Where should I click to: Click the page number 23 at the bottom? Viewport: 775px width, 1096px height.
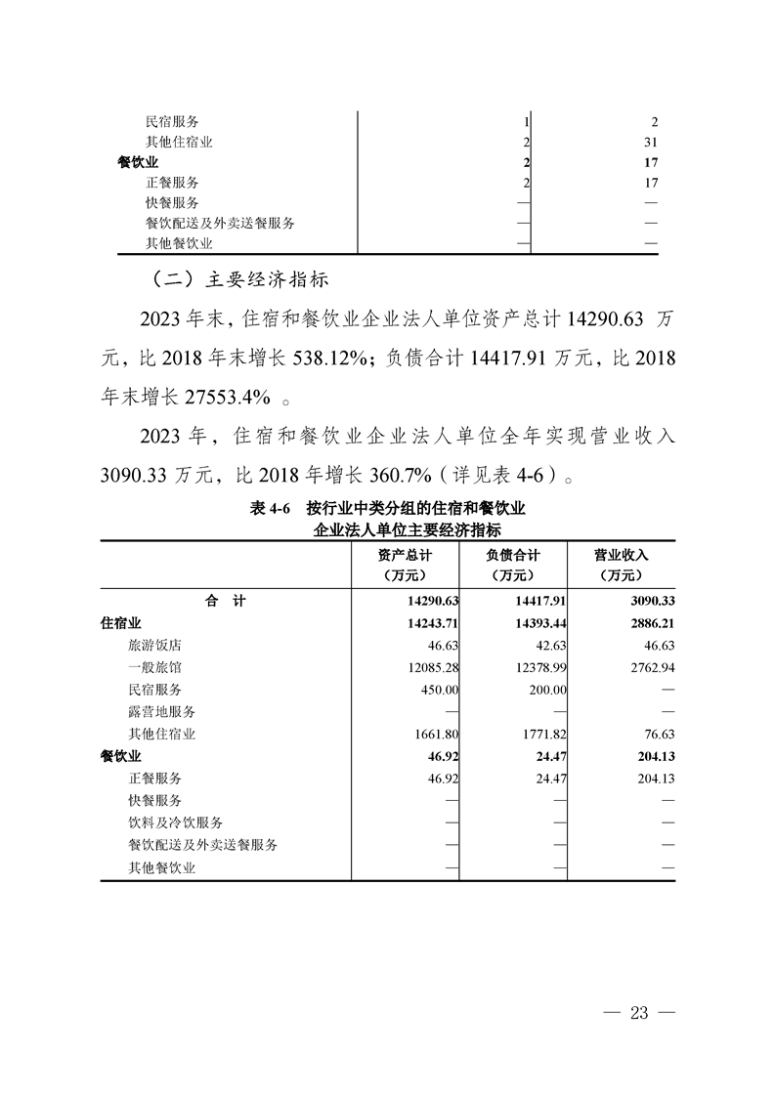pyautogui.click(x=640, y=1012)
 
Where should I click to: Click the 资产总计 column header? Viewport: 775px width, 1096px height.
pyautogui.click(x=405, y=565)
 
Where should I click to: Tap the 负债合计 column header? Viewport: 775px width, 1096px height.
pyautogui.click(x=513, y=565)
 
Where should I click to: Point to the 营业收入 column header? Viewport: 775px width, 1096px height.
pyautogui.click(x=622, y=565)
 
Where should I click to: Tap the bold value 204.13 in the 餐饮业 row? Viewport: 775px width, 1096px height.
pyautogui.click(x=655, y=756)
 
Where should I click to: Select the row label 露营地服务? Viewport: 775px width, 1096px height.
pyautogui.click(x=161, y=711)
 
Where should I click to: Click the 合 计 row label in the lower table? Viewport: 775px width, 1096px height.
pyautogui.click(x=225, y=600)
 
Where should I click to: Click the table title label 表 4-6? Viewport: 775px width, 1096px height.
pyautogui.click(x=272, y=509)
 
